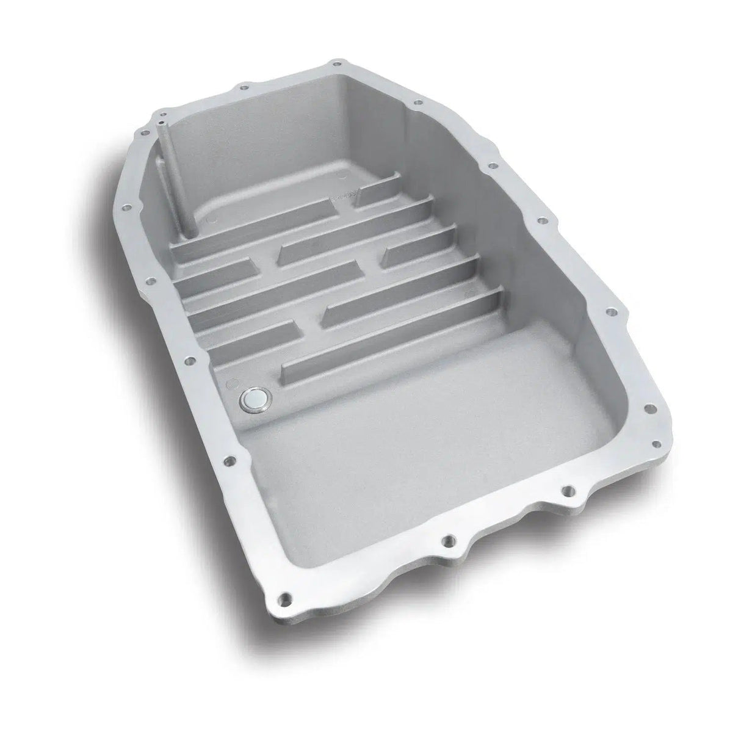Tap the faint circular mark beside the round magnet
point(231,385)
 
